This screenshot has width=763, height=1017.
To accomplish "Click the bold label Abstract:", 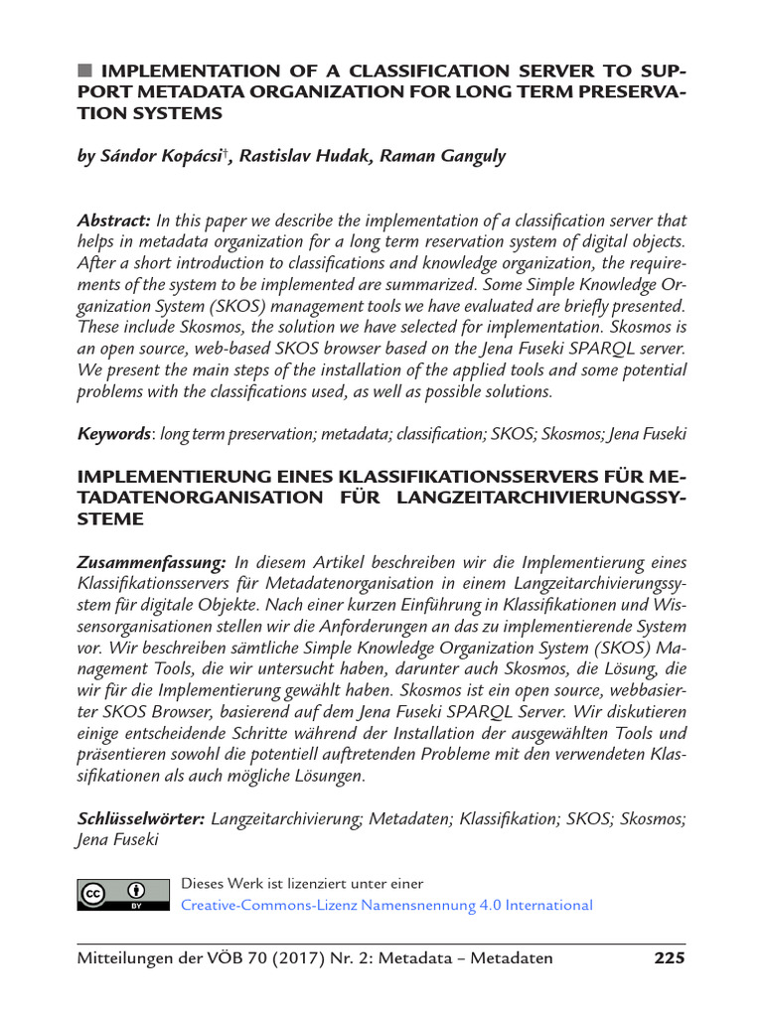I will point(114,219).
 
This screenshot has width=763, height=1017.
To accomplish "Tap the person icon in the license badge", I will point(136,890).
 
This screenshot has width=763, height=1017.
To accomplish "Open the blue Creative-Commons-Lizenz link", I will point(385,905).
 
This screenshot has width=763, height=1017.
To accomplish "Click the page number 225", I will point(669,958).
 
